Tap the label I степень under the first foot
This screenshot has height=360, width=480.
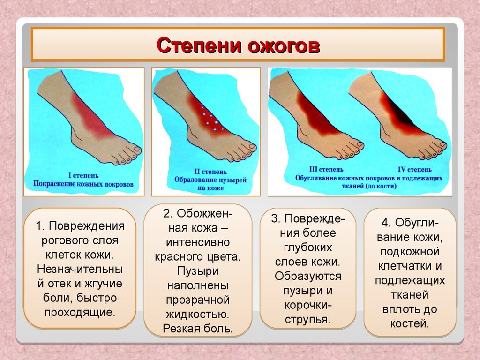(x=84, y=175)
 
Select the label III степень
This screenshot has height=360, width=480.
(x=326, y=169)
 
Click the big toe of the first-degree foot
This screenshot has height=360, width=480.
(x=136, y=150)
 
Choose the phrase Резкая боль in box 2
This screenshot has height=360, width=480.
(x=197, y=329)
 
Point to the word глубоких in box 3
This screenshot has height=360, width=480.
(x=307, y=248)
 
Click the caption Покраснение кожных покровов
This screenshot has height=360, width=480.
(x=84, y=185)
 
